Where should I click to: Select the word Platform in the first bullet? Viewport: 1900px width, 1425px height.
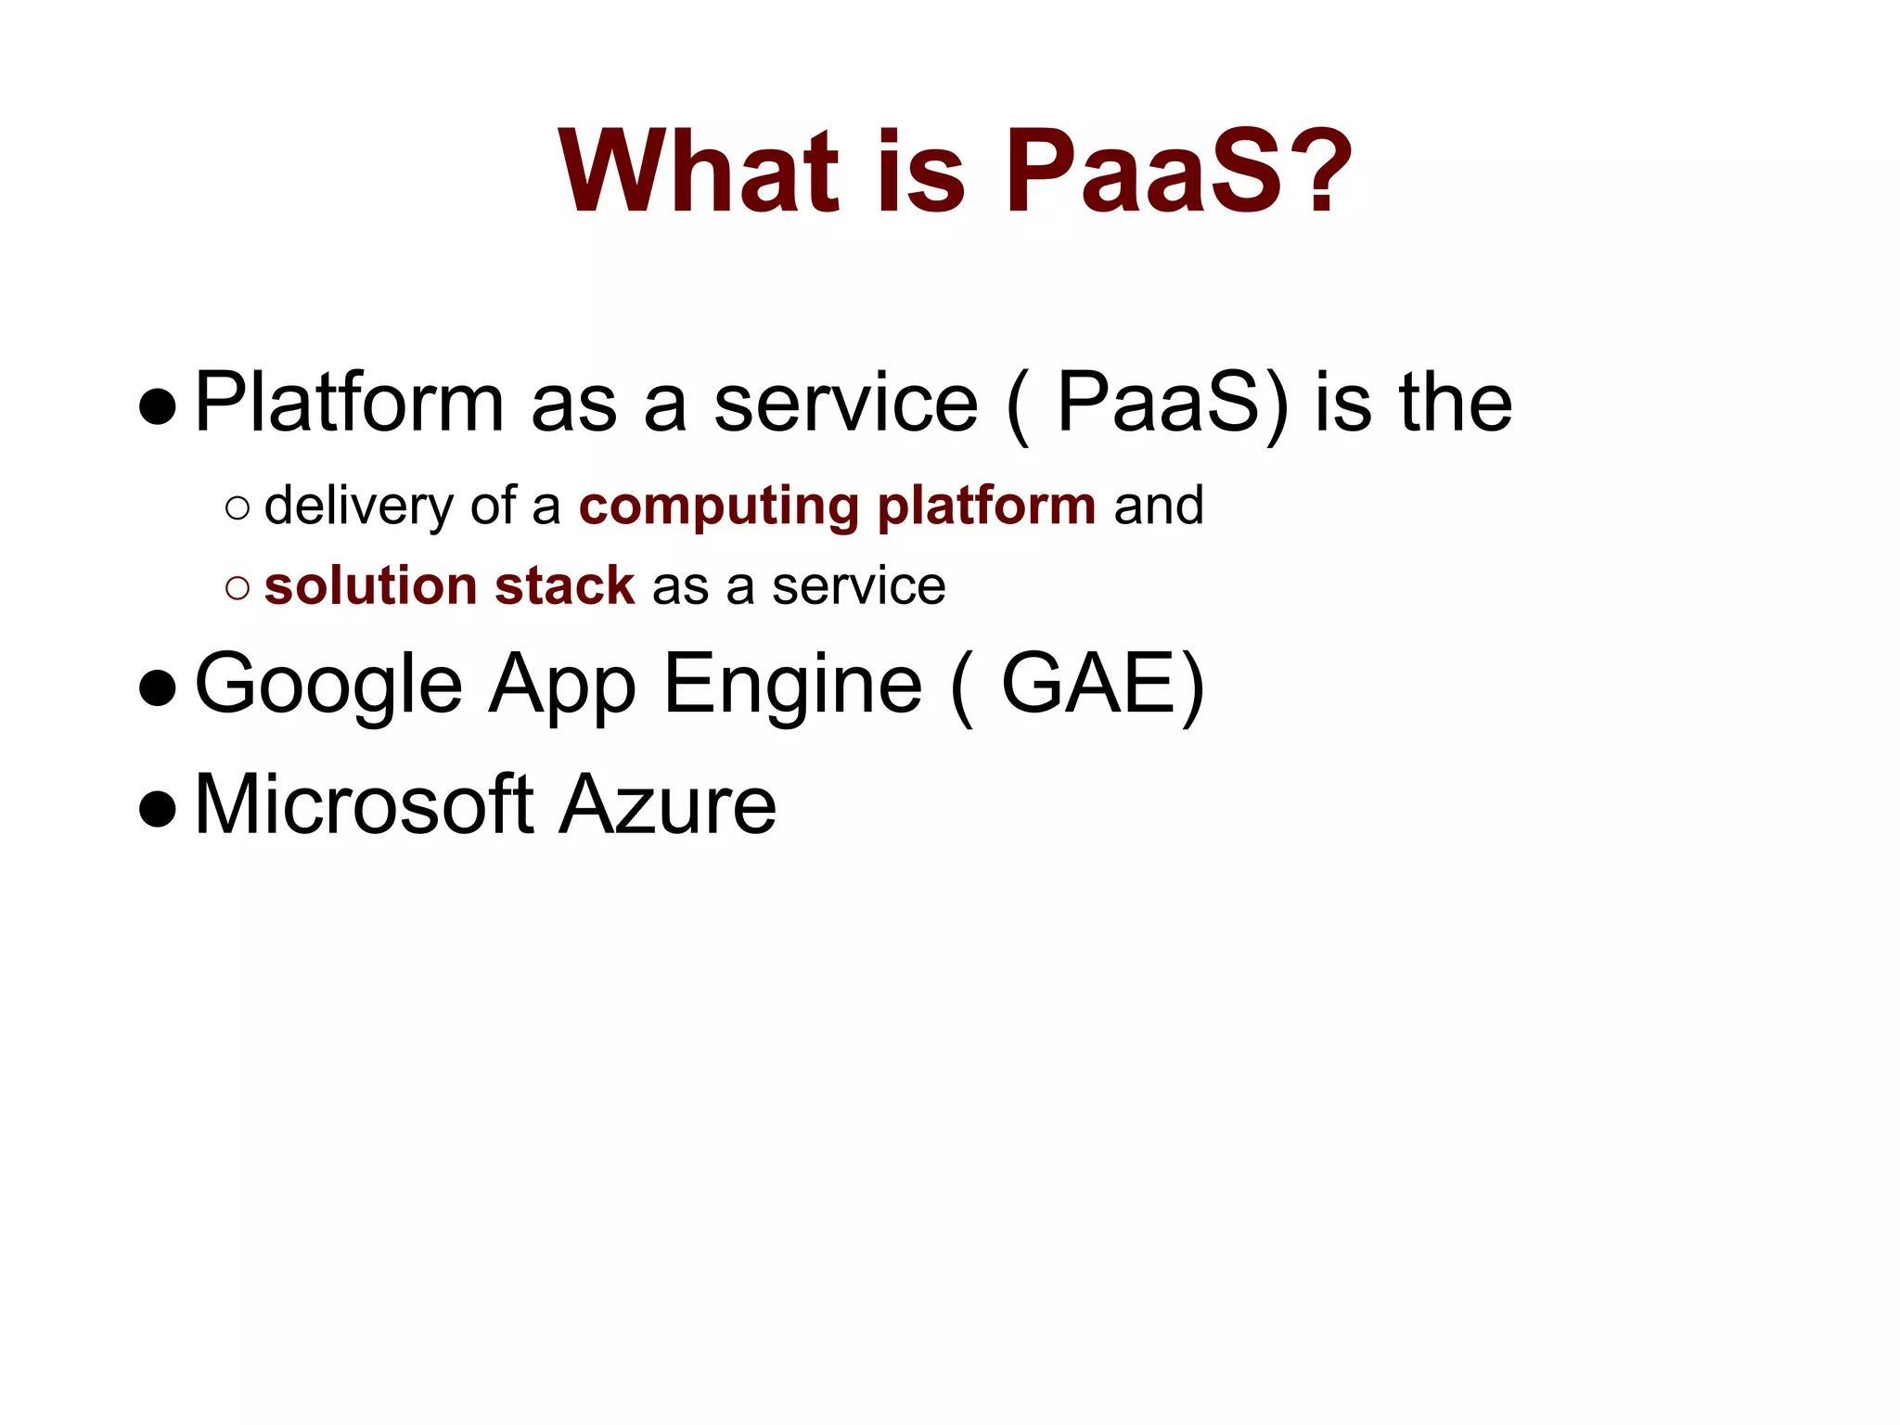tap(349, 404)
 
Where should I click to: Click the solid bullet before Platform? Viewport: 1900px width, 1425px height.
tap(158, 406)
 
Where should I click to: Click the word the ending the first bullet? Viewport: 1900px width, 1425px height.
tap(1455, 404)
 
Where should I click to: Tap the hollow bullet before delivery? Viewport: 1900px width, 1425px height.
tap(237, 507)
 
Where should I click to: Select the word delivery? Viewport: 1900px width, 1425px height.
tap(359, 507)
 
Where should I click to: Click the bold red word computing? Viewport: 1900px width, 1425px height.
tap(719, 507)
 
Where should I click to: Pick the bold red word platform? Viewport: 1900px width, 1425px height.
tap(986, 507)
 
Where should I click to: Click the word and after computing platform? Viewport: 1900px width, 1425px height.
tap(1158, 507)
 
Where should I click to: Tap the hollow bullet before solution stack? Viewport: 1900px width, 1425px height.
tap(237, 587)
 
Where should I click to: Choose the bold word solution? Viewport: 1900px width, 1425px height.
tap(370, 586)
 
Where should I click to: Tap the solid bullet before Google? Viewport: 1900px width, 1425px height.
tap(158, 688)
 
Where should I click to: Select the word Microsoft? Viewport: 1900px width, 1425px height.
tap(364, 805)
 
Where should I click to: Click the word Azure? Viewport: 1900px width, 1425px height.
tap(667, 805)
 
